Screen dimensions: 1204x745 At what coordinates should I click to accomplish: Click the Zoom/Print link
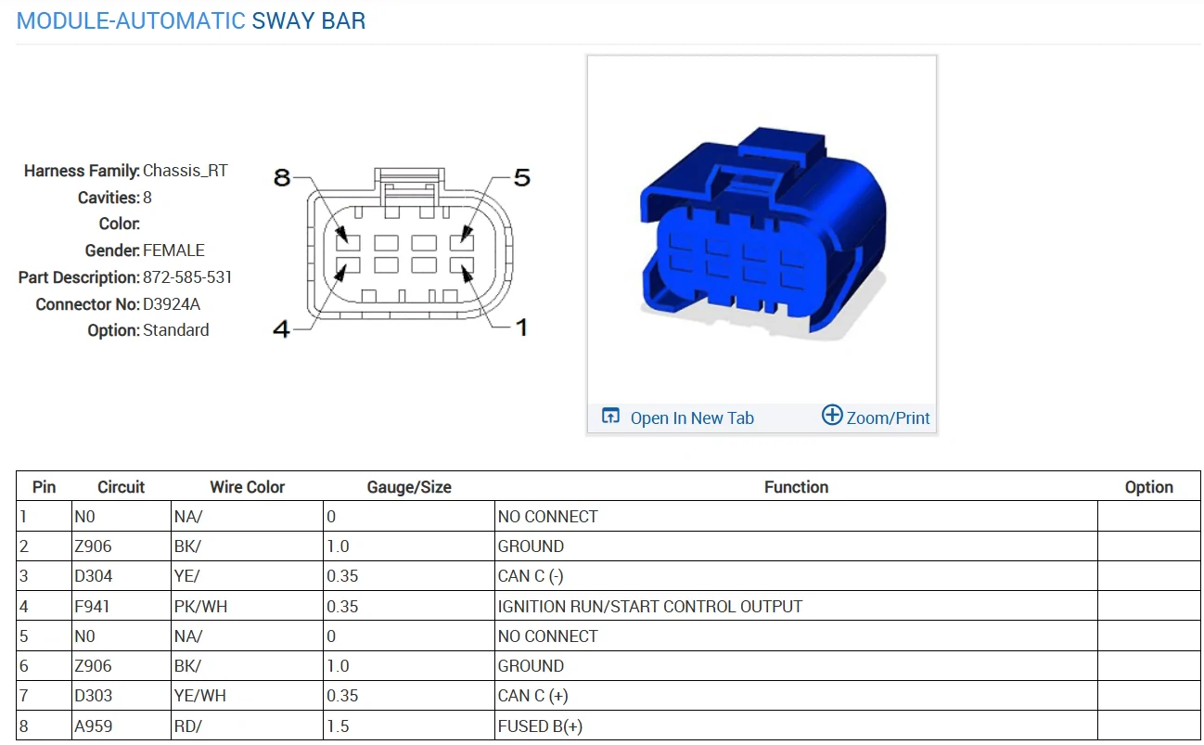pyautogui.click(x=877, y=417)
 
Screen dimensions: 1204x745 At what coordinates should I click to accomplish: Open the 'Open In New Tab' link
pyautogui.click(x=678, y=417)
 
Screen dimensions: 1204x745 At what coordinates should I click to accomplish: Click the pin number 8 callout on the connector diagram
pyautogui.click(x=282, y=177)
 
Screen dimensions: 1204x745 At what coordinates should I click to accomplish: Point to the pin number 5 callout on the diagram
pyautogui.click(x=522, y=177)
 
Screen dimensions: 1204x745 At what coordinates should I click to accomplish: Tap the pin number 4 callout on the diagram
pyautogui.click(x=282, y=328)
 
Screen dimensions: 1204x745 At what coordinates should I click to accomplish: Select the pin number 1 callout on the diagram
pyautogui.click(x=521, y=328)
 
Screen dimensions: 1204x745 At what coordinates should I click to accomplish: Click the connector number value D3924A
pyautogui.click(x=172, y=304)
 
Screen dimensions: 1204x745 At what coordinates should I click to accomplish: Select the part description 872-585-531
pyautogui.click(x=187, y=277)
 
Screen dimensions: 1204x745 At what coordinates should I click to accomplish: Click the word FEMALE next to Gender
pyautogui.click(x=173, y=250)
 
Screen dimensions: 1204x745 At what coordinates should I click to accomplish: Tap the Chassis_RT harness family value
pyautogui.click(x=186, y=171)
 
